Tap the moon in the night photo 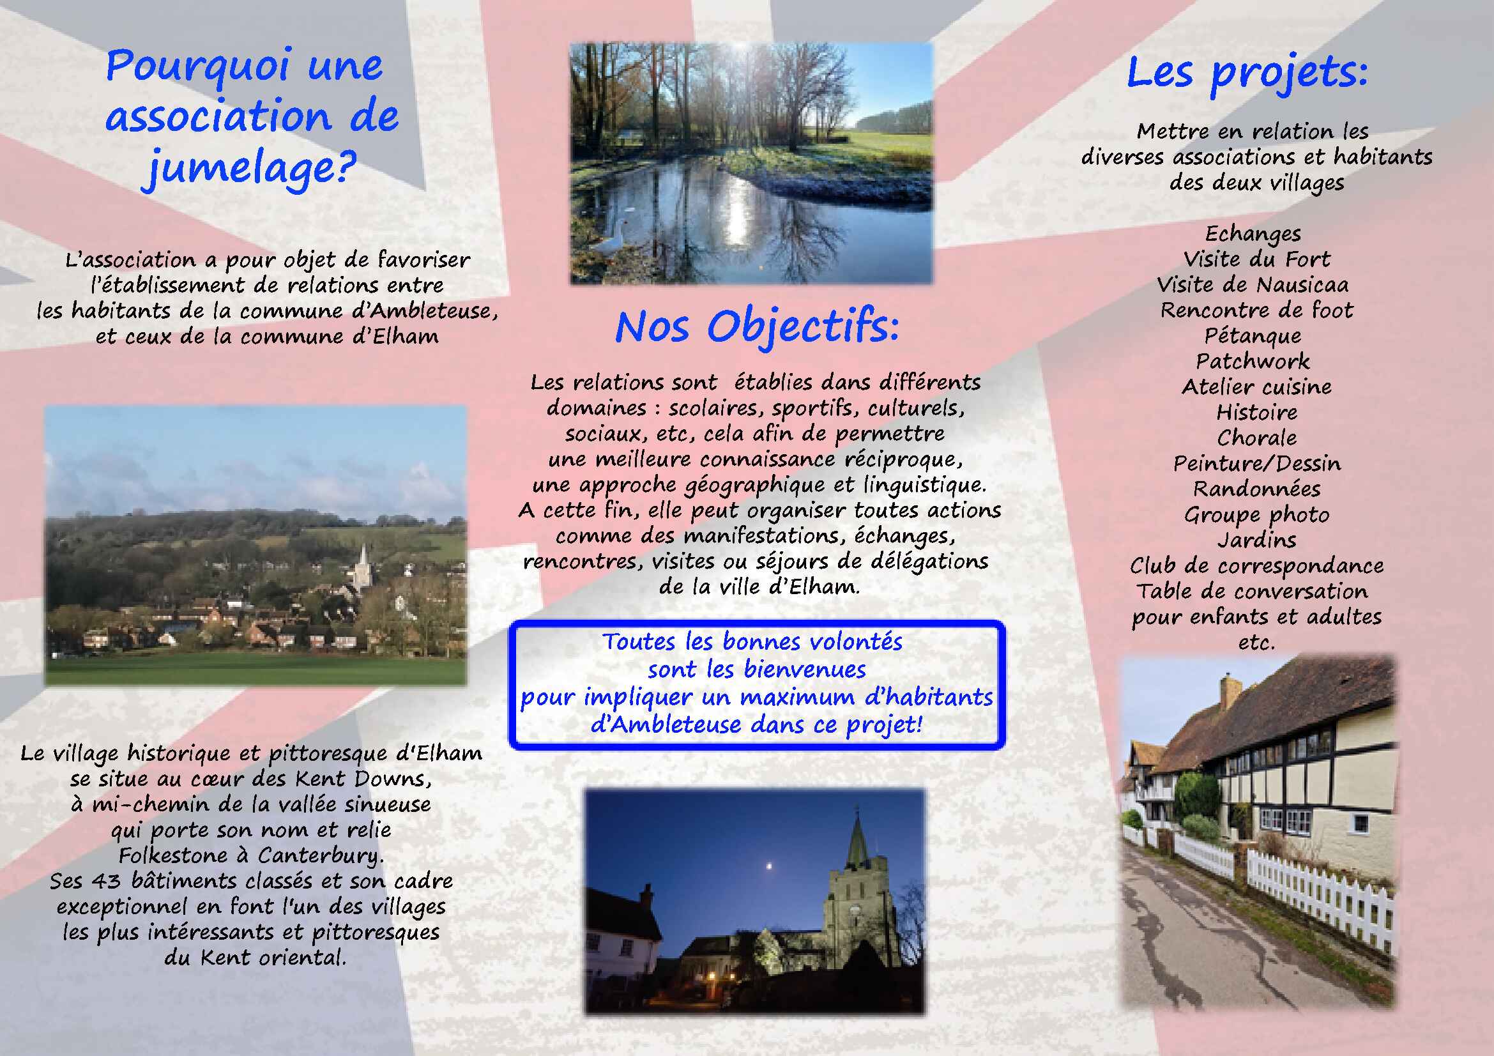770,866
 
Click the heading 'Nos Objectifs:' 758,328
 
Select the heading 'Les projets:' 1247,73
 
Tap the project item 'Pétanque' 1253,336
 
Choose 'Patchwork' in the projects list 1253,361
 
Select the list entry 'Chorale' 1256,438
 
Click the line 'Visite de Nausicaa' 1253,285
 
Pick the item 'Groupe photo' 1256,516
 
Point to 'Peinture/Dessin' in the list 1256,463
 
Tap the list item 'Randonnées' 1256,489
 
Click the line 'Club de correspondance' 1256,566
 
